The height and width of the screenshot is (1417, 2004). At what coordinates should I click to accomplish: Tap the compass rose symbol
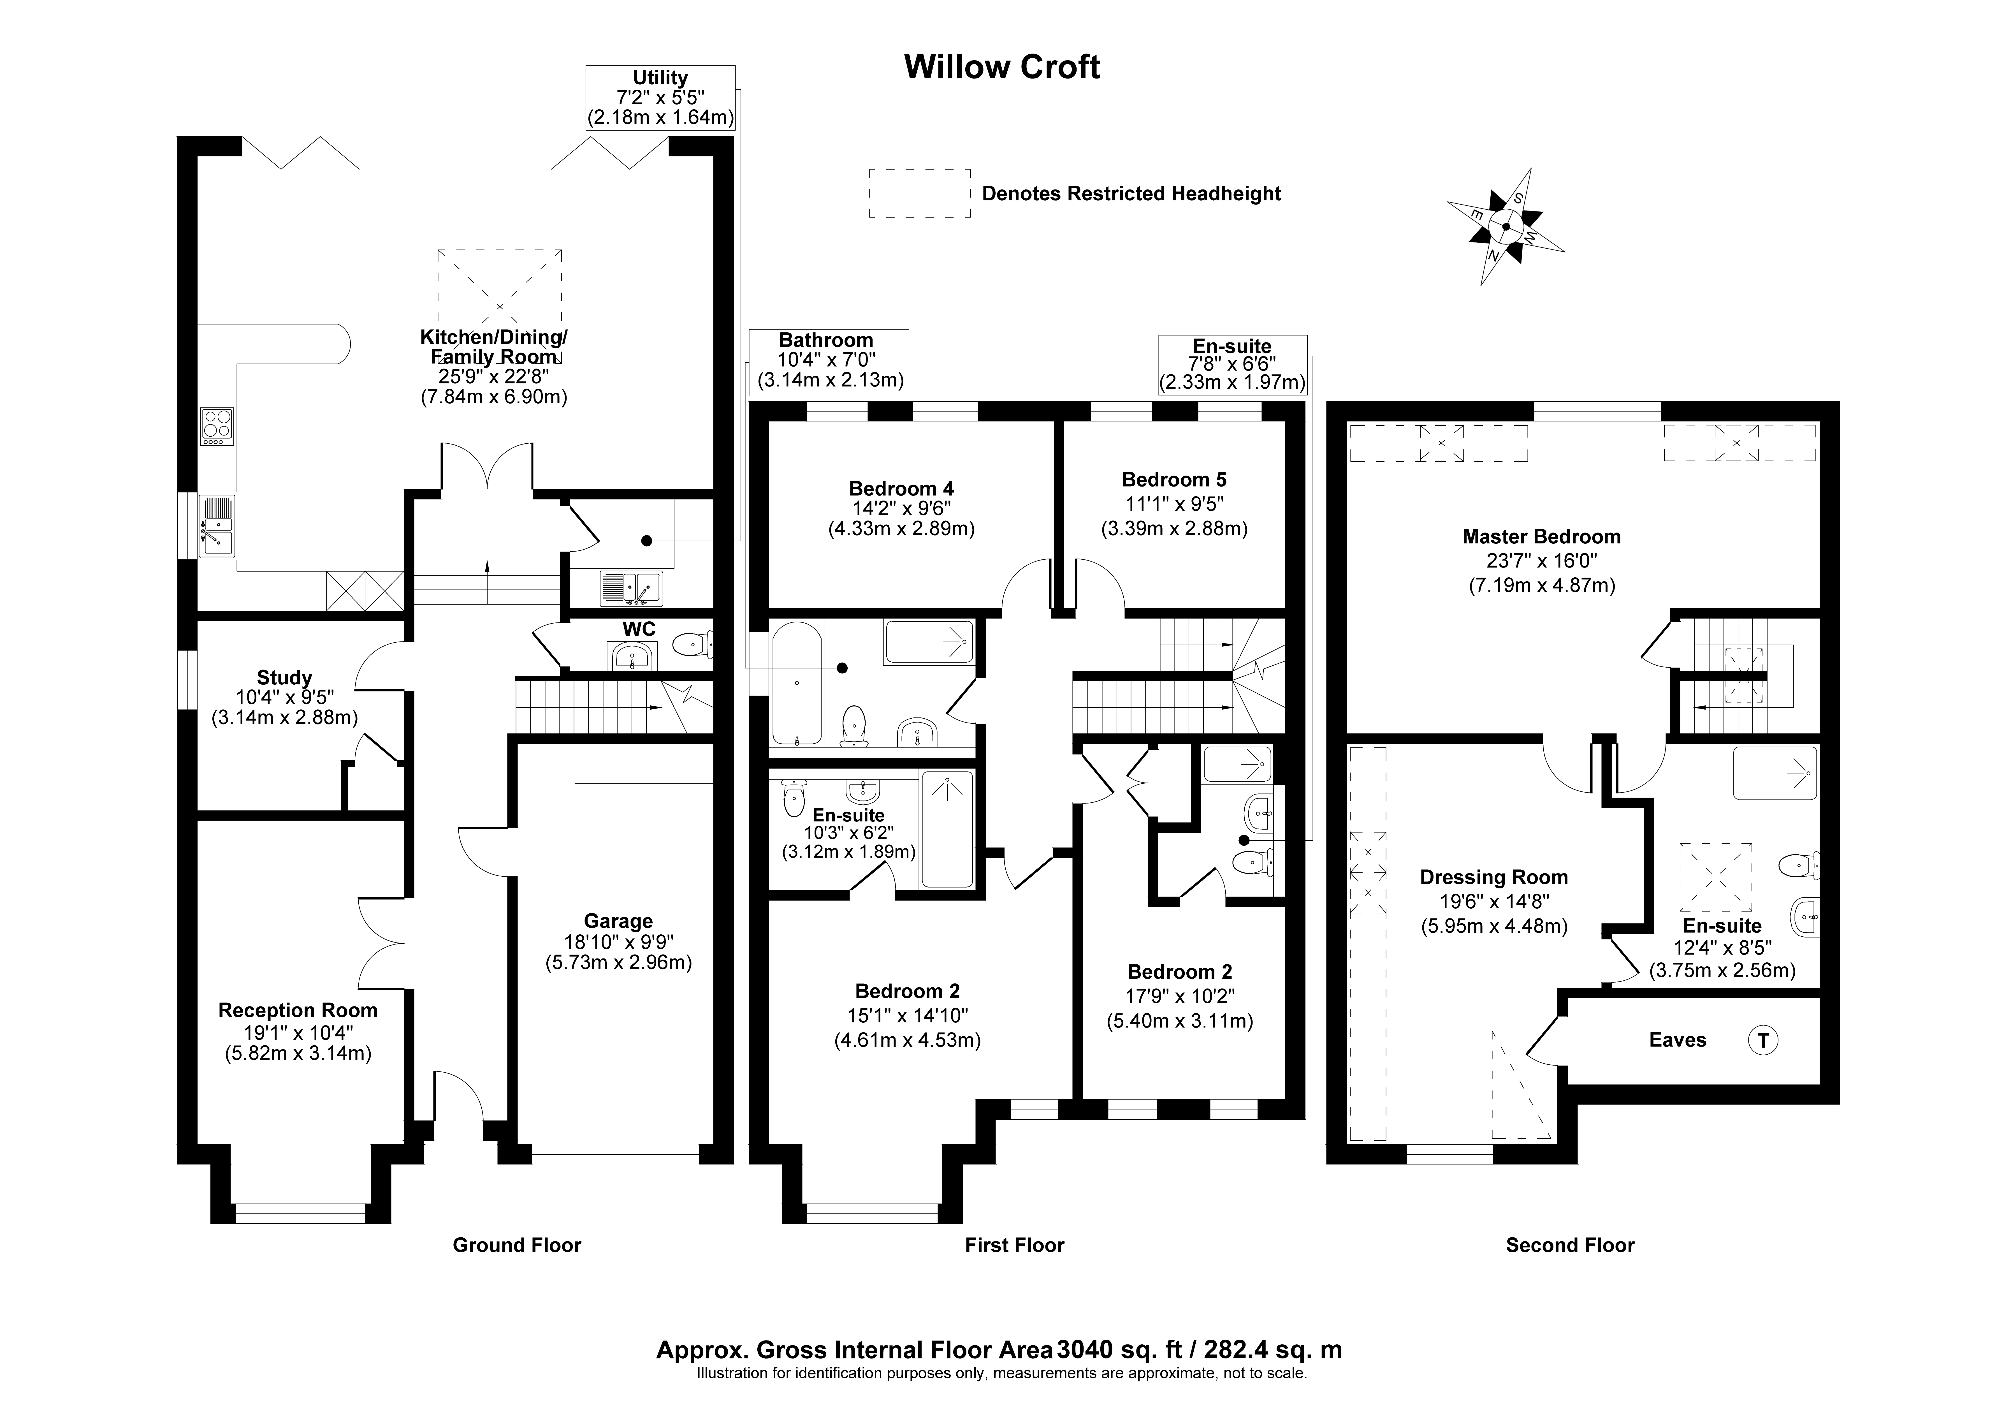(x=1506, y=226)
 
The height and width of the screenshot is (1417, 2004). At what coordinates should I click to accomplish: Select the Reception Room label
(x=298, y=1010)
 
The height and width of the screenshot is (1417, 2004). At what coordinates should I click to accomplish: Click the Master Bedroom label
(x=1541, y=537)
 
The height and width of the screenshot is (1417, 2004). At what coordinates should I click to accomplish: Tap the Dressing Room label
(x=1493, y=877)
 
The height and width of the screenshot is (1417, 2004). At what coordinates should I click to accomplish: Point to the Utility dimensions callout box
(x=660, y=98)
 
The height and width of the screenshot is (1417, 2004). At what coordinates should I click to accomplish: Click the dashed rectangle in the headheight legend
(x=919, y=193)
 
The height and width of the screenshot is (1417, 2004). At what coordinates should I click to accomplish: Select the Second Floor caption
(x=1569, y=1245)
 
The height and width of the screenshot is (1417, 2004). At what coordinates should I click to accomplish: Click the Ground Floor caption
(x=517, y=1245)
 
